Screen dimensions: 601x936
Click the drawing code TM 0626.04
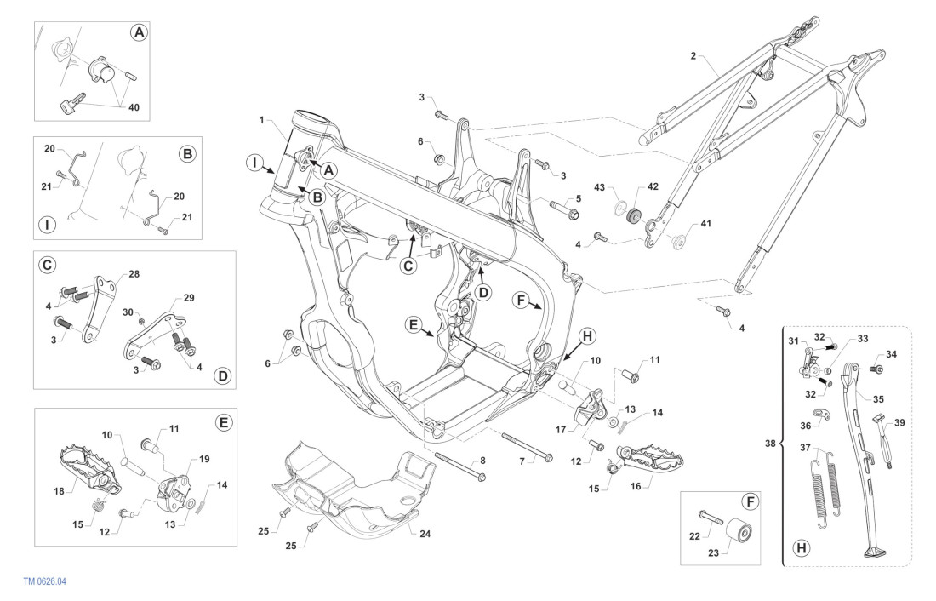coord(46,581)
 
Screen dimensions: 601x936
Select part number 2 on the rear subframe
coord(693,56)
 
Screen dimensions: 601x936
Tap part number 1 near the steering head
coord(262,119)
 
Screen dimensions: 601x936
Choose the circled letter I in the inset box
coord(48,226)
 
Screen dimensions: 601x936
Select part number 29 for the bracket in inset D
coord(188,299)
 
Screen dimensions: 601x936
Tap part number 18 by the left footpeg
coord(59,491)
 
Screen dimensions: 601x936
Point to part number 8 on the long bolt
coord(483,461)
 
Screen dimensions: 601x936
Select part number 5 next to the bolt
coord(578,198)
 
